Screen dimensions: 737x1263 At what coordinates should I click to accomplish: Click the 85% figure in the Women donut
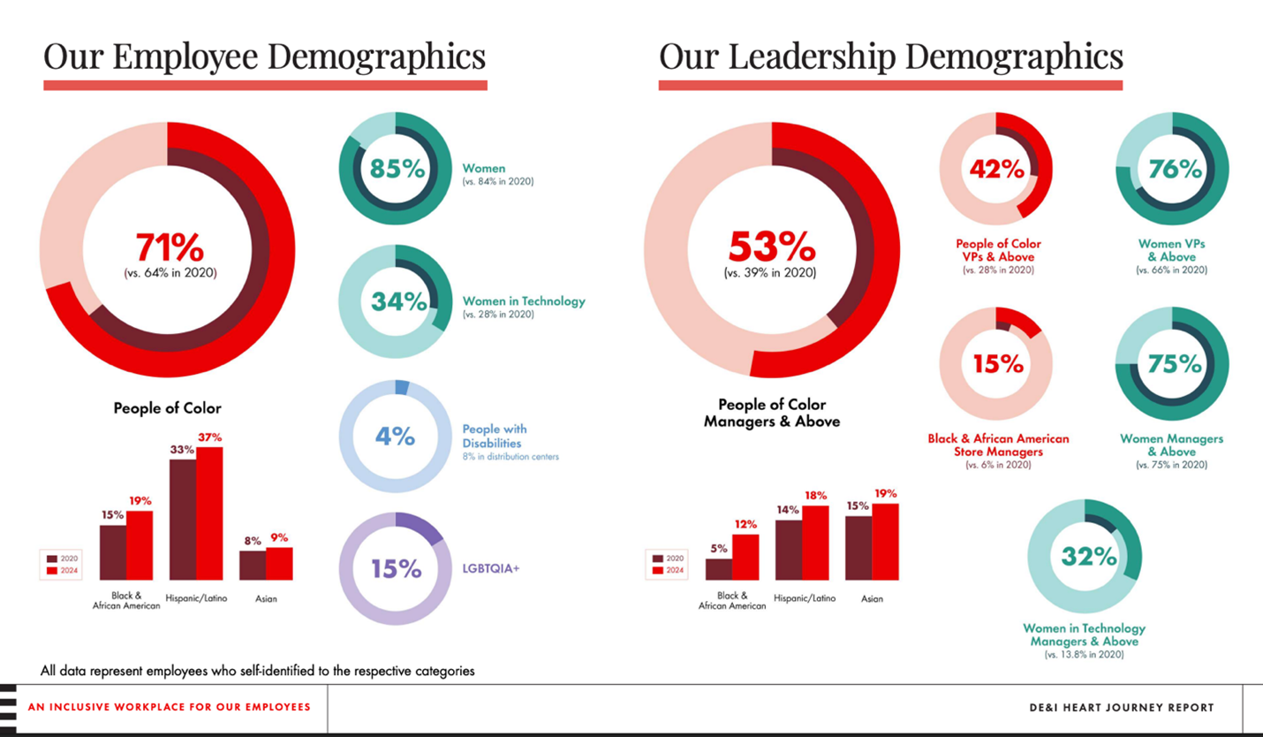pos(397,168)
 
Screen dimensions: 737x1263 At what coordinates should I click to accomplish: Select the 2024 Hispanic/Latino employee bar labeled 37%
pos(209,513)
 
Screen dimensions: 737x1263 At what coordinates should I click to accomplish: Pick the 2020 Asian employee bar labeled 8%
pos(252,566)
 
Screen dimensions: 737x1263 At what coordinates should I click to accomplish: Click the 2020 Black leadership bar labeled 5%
pos(718,569)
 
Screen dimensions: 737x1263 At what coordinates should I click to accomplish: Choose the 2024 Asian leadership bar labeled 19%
pos(885,542)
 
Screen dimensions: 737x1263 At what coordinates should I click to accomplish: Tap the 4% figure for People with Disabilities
pos(395,436)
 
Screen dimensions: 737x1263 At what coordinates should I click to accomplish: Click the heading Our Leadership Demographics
pos(890,57)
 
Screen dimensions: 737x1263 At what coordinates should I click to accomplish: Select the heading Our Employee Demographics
pos(264,57)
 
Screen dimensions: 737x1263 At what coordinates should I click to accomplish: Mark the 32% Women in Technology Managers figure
pos(1089,556)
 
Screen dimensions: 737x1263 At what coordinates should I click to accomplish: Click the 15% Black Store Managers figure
pos(997,363)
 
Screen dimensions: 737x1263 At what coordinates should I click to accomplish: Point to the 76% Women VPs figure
pos(1175,168)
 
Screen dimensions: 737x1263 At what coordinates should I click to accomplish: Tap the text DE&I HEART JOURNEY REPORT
pos(1121,708)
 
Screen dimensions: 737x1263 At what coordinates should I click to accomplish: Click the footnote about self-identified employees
pos(257,671)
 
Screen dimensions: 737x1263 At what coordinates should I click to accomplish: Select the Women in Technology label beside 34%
pos(524,301)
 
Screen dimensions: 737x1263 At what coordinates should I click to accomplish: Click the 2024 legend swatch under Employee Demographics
pos(51,571)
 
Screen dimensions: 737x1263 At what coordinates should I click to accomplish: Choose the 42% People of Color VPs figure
pos(996,168)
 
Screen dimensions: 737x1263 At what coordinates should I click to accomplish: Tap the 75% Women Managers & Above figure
pos(1175,363)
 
